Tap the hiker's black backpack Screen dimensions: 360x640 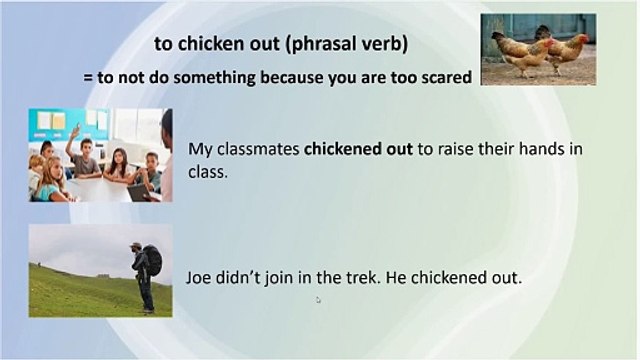(154, 261)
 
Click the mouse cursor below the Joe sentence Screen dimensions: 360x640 (318, 298)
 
